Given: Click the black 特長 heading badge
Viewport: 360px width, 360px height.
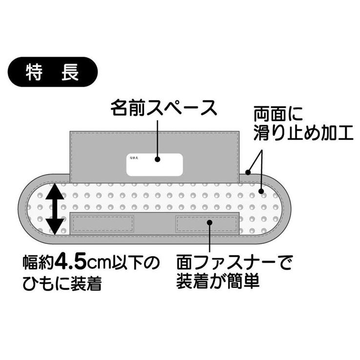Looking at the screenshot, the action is (x=53, y=72).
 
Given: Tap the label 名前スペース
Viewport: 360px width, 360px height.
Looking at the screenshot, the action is (x=164, y=108).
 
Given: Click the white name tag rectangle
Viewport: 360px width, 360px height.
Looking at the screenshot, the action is (x=155, y=164).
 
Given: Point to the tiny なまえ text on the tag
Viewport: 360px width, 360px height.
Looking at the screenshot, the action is (x=134, y=158).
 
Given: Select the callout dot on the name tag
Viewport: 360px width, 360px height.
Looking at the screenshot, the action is (x=157, y=160).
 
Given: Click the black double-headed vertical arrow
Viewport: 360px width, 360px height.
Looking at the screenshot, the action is (x=55, y=209).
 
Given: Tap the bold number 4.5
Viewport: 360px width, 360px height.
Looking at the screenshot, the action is (x=72, y=263).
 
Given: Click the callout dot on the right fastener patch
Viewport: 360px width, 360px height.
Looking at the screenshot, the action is (x=210, y=222).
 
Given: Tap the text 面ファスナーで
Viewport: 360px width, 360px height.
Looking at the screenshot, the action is (x=234, y=262).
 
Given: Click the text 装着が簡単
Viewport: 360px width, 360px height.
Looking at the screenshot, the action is (x=218, y=280).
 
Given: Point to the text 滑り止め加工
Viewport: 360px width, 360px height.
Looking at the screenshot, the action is (x=303, y=133).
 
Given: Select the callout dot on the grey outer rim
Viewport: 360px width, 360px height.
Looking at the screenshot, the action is (x=248, y=172).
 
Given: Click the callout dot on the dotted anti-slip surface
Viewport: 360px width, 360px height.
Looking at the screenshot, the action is (x=261, y=191).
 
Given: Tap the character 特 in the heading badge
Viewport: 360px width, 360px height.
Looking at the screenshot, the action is (x=34, y=72).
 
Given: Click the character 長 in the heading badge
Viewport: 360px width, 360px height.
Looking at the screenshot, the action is (x=70, y=72).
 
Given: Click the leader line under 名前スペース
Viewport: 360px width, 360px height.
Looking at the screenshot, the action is (x=158, y=139).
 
